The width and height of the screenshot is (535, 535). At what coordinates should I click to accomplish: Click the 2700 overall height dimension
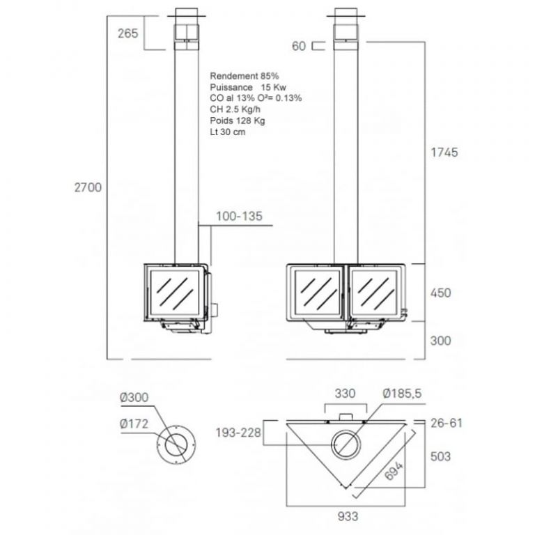88,187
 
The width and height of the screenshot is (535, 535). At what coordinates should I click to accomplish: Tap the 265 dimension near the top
128,33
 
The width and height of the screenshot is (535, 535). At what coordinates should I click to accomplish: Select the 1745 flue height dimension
444,152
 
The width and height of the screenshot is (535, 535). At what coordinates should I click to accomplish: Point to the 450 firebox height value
440,293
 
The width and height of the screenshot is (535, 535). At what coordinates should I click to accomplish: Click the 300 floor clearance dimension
440,341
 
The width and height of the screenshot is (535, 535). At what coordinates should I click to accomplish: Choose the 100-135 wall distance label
239,216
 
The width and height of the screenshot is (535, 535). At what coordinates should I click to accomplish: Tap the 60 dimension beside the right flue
299,46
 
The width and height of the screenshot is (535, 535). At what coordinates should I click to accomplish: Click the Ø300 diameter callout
134,397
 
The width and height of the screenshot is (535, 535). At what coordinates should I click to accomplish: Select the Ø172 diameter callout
134,424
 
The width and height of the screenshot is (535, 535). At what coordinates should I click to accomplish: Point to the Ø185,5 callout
402,394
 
